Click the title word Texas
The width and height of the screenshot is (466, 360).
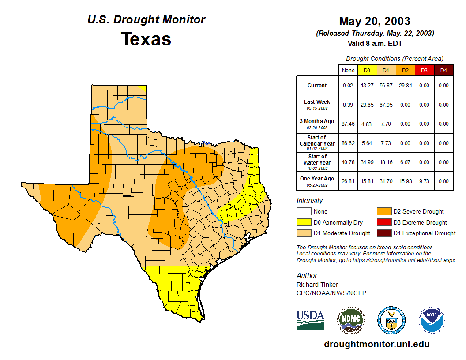146,39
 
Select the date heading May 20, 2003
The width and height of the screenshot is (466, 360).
375,21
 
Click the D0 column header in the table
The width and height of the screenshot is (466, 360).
367,70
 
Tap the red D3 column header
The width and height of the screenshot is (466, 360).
424,70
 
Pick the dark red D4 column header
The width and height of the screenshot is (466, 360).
443,70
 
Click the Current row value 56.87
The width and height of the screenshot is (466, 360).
386,86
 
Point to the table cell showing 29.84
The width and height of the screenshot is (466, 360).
405,86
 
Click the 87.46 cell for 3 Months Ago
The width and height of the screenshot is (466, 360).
348,124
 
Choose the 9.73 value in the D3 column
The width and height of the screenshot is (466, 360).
424,181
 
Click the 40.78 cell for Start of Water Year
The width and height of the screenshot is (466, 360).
348,162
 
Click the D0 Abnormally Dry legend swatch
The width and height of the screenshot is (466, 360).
304,222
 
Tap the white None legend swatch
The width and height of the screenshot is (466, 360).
304,212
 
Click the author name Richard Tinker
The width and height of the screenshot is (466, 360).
317,285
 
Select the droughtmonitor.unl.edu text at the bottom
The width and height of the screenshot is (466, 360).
376,344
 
